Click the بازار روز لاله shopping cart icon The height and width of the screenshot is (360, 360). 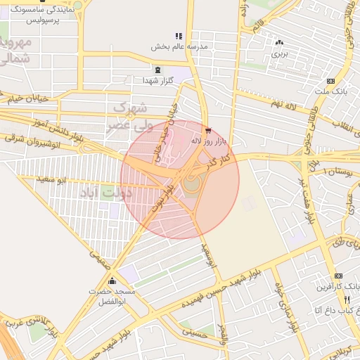[207, 130]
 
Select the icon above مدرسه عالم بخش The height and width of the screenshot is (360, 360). [179, 36]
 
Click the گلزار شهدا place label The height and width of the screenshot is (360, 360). [157, 81]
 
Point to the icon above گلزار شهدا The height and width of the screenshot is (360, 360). [157, 70]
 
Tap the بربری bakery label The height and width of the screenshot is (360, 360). [280, 53]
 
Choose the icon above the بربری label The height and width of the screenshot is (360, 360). [280, 42]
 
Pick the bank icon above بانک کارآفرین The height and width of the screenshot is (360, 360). [338, 275]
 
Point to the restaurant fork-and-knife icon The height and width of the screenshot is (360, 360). [346, 299]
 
